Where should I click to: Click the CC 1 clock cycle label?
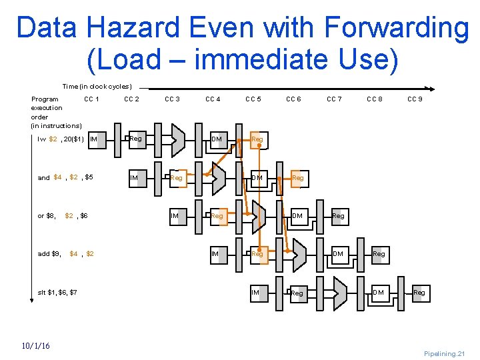91,99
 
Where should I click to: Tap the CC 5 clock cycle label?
253,99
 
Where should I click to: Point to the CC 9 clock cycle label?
415,99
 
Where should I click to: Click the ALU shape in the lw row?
177,139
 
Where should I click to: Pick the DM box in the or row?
298,216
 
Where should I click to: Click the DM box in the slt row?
379,293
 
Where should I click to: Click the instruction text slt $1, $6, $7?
57,293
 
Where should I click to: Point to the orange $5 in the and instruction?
89,177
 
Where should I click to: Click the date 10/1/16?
36,345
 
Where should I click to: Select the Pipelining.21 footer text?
445,353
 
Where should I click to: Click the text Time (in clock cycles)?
97,87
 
